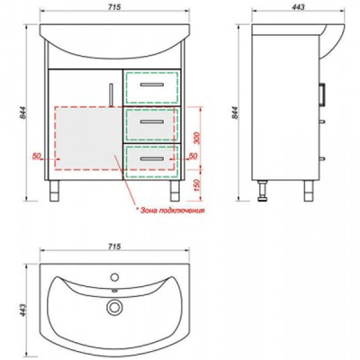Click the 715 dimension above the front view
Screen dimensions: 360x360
pos(114,6)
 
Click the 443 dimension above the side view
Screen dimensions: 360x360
pos(298,6)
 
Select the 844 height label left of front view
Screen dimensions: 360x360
pos(22,112)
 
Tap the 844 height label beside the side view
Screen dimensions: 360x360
pos(235,112)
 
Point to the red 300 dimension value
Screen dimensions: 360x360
pos(197,138)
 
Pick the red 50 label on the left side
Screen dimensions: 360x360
pos(37,156)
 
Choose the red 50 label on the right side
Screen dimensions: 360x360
pos(193,156)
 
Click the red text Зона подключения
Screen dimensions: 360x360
pos(173,211)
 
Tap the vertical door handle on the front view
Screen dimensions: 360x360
pos(111,94)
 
